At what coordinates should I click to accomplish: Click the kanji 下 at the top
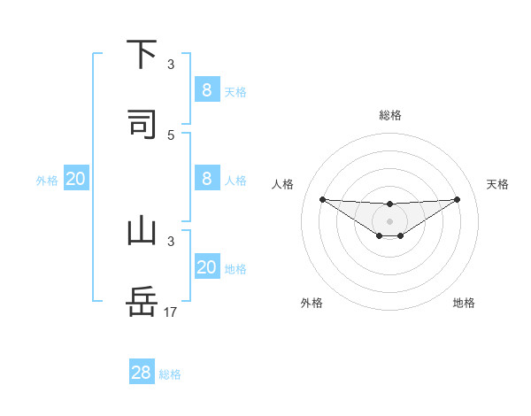click(142, 54)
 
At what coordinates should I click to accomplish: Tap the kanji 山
click(142, 231)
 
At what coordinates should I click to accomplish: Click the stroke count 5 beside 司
click(171, 135)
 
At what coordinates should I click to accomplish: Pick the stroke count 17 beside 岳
click(171, 312)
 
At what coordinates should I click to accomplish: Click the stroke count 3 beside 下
click(171, 64)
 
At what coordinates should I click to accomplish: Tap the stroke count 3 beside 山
click(171, 241)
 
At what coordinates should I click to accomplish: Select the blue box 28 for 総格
click(142, 373)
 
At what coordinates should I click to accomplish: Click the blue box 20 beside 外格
click(76, 179)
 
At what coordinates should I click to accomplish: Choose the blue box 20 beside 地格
click(207, 267)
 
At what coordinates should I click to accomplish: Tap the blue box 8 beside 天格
click(207, 89)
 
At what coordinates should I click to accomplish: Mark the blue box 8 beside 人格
click(207, 178)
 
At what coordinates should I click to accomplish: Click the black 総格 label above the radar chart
click(389, 115)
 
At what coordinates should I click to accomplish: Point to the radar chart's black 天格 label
click(498, 184)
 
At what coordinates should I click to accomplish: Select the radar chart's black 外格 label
click(312, 303)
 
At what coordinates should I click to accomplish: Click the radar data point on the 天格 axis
click(457, 199)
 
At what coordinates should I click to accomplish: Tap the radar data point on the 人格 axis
click(322, 199)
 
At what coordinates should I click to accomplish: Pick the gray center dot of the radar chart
click(389, 220)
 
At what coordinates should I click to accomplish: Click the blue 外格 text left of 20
click(47, 181)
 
